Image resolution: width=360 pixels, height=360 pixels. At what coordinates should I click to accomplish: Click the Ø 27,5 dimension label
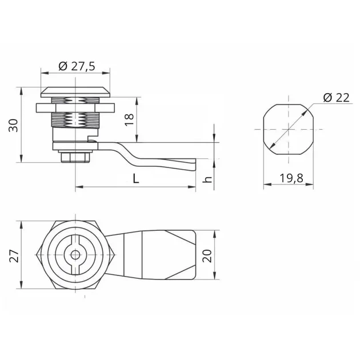[77, 66]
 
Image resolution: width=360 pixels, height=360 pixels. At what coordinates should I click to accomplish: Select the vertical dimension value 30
[13, 125]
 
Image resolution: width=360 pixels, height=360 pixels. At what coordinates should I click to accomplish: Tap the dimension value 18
[129, 119]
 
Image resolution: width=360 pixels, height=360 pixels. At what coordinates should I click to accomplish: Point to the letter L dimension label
[136, 178]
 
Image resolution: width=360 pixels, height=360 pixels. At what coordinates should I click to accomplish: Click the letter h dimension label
[207, 179]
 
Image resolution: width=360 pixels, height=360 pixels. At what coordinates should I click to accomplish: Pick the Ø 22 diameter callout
[337, 98]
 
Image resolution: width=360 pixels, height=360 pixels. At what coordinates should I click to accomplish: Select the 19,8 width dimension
[291, 178]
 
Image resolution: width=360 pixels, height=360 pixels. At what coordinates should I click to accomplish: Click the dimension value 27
[14, 255]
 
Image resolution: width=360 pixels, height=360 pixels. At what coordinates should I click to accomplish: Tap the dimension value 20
[207, 255]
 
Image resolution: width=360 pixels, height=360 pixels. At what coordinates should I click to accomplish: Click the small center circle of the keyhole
[75, 255]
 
